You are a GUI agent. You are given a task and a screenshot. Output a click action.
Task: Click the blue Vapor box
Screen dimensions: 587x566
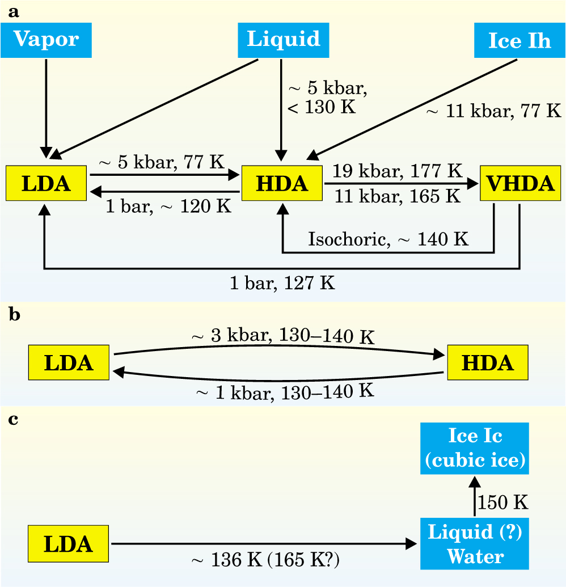pos(46,40)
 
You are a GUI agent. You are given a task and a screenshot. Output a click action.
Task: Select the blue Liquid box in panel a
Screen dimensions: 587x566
pos(283,40)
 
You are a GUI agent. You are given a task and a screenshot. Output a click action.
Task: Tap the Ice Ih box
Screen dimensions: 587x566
pos(519,41)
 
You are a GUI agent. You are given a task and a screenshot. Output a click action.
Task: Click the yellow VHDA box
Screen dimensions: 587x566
pos(520,184)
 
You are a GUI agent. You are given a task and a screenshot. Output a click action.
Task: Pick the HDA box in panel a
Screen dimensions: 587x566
pos(282,184)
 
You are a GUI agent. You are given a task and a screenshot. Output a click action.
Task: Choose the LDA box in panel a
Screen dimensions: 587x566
pos(47,184)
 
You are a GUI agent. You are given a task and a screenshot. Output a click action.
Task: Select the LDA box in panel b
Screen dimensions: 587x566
pos(69,362)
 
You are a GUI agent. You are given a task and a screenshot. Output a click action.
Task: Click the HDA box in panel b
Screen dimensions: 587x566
pos(488,362)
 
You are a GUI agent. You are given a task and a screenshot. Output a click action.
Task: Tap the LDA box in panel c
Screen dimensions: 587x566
pos(69,544)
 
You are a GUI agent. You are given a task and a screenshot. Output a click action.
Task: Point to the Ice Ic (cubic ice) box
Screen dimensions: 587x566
pos(476,448)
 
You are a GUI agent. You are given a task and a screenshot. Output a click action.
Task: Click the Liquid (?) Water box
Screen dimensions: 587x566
pos(475,544)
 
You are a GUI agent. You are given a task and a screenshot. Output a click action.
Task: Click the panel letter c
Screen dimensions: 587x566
pos(15,420)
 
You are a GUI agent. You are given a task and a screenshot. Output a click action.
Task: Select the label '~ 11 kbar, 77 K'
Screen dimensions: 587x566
pos(493,110)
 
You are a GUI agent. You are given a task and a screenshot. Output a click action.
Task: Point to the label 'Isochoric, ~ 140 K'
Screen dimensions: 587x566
pos(388,238)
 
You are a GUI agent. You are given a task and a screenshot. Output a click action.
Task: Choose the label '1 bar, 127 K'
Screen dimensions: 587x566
pos(282,282)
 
